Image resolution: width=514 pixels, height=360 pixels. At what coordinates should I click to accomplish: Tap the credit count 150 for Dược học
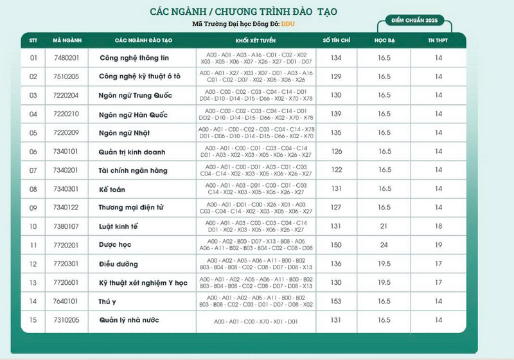coord(335,245)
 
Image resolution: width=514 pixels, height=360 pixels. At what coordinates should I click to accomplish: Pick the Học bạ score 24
coord(384,245)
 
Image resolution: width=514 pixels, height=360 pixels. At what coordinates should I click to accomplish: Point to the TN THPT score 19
coord(439,245)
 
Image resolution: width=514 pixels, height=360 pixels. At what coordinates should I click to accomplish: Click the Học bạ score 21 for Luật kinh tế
coord(384,226)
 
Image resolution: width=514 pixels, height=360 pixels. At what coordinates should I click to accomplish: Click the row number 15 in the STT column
coord(34,320)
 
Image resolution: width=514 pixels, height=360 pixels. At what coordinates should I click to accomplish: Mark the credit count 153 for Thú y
coord(335,301)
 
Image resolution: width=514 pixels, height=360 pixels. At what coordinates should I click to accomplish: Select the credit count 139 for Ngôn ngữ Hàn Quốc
coord(335,114)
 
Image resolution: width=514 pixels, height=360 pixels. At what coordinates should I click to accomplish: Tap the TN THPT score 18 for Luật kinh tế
coord(439,226)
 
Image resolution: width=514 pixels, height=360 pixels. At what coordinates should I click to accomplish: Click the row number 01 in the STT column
coord(34,58)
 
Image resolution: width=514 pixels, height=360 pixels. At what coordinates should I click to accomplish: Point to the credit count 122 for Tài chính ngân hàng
coord(335,170)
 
